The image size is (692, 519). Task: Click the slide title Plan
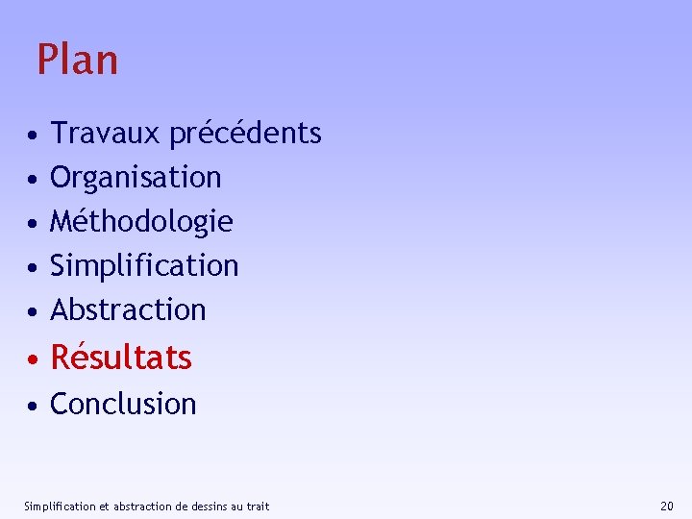point(77,60)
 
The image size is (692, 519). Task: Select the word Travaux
point(106,133)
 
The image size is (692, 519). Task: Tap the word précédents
point(245,133)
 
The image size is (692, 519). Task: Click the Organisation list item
point(136,177)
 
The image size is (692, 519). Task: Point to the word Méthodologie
point(141,222)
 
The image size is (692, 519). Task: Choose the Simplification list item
point(144,265)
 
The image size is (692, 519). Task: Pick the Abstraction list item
point(128,309)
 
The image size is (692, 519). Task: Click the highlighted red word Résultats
point(121,358)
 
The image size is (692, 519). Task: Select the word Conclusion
point(123,404)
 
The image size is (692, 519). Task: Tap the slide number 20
point(667,506)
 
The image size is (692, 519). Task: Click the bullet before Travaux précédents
point(33,135)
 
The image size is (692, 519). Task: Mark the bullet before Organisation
point(33,179)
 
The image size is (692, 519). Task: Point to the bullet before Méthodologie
point(33,223)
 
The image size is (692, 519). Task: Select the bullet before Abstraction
point(33,311)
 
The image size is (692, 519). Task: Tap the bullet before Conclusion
point(33,406)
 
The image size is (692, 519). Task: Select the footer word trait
point(258,506)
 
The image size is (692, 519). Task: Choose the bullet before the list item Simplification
point(33,267)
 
